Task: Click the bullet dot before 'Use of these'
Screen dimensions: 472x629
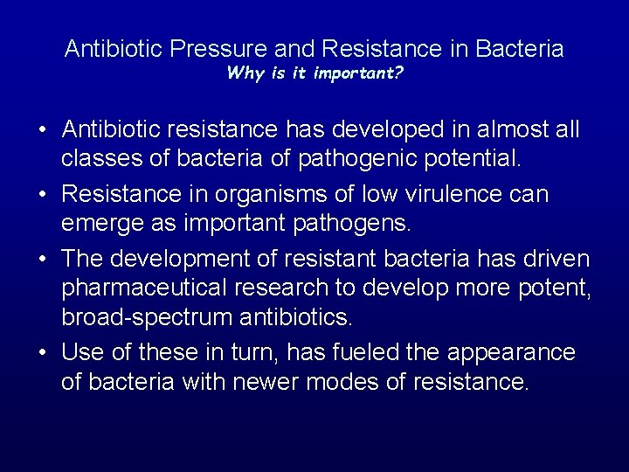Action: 42,352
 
